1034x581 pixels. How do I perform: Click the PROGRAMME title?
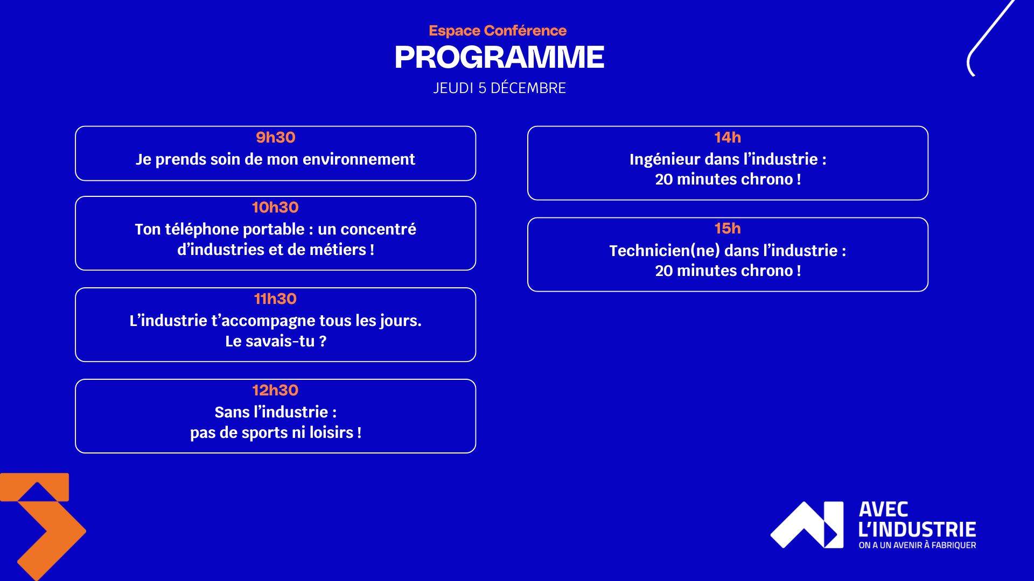(499, 57)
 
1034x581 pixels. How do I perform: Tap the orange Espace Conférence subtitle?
(498, 31)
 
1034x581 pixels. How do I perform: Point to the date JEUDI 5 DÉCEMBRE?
(499, 88)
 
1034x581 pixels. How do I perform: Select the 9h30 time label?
(275, 137)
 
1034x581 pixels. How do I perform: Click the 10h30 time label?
(275, 207)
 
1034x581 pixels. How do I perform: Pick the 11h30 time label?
(275, 299)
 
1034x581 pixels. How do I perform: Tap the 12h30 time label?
(275, 390)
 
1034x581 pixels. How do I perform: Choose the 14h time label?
(728, 137)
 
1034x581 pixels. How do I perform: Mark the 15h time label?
(728, 228)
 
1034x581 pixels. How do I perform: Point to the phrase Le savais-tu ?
(275, 341)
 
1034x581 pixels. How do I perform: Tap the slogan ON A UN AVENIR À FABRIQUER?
(917, 545)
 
